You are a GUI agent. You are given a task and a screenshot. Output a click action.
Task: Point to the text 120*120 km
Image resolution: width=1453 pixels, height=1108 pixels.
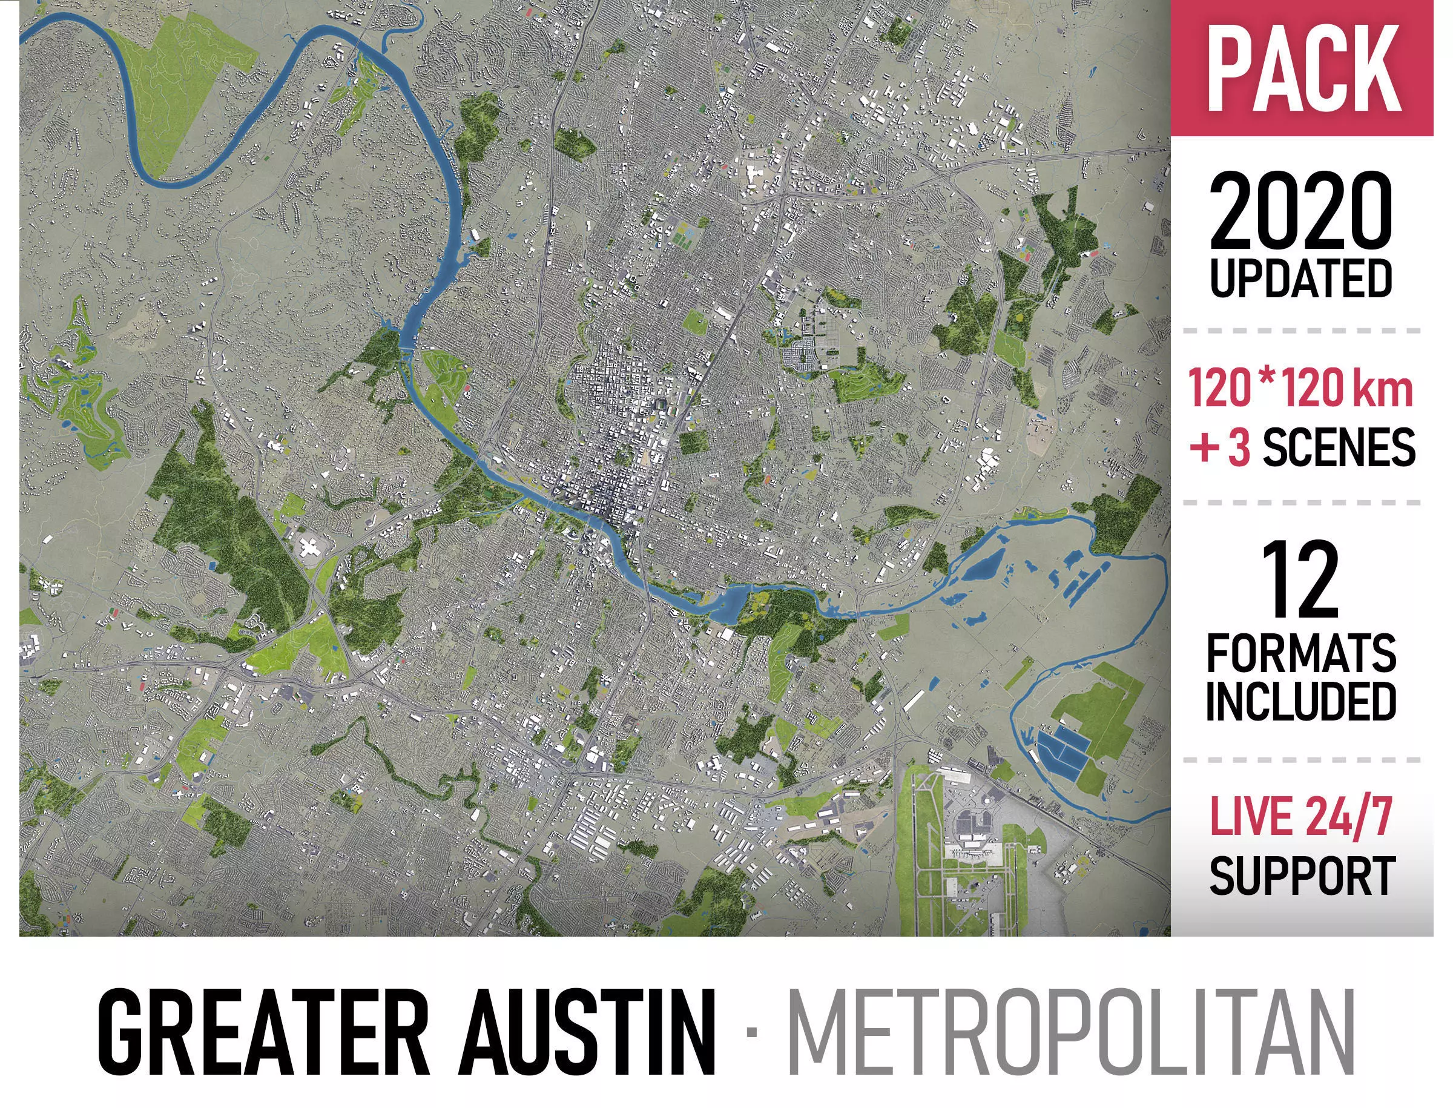[x=1300, y=389]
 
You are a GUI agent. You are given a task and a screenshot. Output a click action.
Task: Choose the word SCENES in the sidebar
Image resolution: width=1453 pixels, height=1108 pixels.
[x=1339, y=446]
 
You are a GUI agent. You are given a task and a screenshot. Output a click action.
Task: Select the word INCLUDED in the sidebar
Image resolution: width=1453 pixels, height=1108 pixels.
[x=1300, y=701]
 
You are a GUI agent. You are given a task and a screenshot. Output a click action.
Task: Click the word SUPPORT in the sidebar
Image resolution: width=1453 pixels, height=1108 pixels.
[x=1300, y=875]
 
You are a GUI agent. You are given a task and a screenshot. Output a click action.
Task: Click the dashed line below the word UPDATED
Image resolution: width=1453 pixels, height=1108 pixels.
[x=1300, y=330]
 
